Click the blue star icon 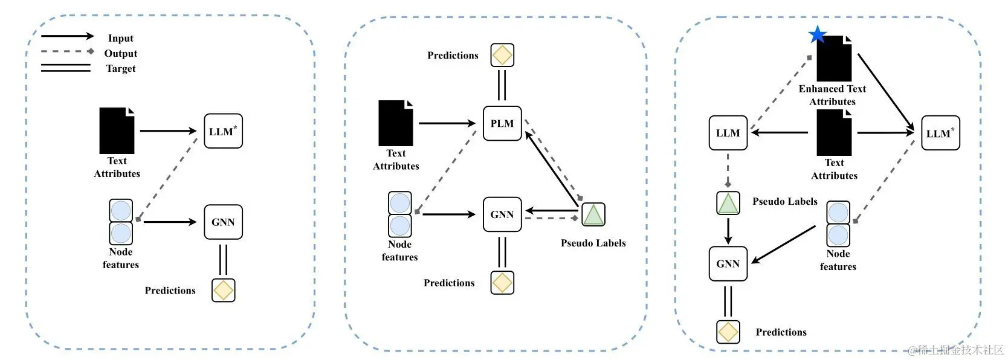pyautogui.click(x=817, y=34)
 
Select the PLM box pyautogui.click(x=502, y=123)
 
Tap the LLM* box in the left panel pyautogui.click(x=223, y=131)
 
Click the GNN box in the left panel pyautogui.click(x=223, y=222)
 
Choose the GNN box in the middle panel pyautogui.click(x=502, y=214)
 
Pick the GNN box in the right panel pyautogui.click(x=728, y=263)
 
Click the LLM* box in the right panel pyautogui.click(x=940, y=133)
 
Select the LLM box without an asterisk pyautogui.click(x=728, y=133)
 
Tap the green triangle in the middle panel pyautogui.click(x=593, y=214)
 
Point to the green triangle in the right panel pyautogui.click(x=728, y=204)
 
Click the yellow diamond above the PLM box pyautogui.click(x=502, y=55)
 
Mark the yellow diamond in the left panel pyautogui.click(x=223, y=290)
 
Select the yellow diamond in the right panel pyautogui.click(x=728, y=332)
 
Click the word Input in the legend pyautogui.click(x=121, y=38)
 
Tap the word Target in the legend pyautogui.click(x=121, y=68)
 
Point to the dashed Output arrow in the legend pyautogui.click(x=67, y=52)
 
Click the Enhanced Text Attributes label pyautogui.click(x=832, y=95)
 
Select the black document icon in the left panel pyautogui.click(x=117, y=130)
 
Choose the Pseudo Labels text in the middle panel pyautogui.click(x=593, y=243)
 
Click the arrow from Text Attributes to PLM pyautogui.click(x=447, y=123)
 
